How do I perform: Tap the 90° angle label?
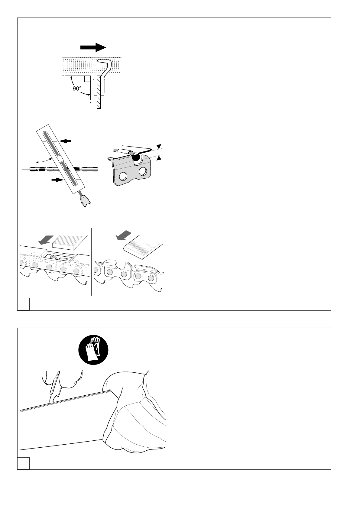pyautogui.click(x=77, y=89)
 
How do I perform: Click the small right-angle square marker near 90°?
pyautogui.click(x=87, y=79)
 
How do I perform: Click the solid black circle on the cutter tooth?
pyautogui.click(x=136, y=157)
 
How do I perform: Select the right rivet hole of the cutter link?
pyautogui.click(x=142, y=172)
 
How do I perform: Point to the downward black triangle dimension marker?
pyautogui.click(x=159, y=146)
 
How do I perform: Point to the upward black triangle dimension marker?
pyautogui.click(x=159, y=158)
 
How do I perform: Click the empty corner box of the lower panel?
pyautogui.click(x=23, y=463)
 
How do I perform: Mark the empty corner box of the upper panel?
pyautogui.click(x=23, y=304)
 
